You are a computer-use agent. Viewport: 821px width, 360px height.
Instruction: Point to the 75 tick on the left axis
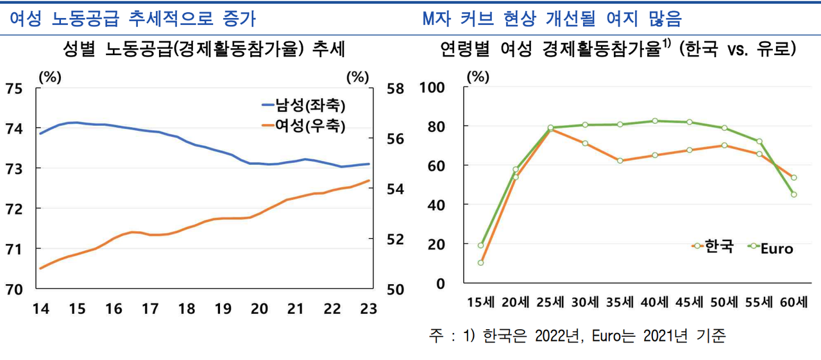point(14,89)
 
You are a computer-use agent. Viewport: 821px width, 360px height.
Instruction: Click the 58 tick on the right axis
point(395,89)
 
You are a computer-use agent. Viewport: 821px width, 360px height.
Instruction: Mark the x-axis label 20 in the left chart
point(259,309)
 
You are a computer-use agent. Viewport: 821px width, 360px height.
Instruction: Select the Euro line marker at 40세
point(655,121)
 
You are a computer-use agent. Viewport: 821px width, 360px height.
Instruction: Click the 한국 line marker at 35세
point(620,160)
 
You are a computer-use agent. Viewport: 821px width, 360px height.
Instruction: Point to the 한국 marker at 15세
point(480,262)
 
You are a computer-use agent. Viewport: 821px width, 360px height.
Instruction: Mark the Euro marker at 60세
point(794,194)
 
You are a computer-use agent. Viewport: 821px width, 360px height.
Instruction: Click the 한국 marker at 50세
point(724,145)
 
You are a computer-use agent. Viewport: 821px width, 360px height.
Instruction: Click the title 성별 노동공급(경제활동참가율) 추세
point(205,49)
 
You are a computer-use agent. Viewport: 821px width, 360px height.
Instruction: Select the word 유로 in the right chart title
point(774,49)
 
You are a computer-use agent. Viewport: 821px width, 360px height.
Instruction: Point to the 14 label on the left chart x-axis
point(40,309)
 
